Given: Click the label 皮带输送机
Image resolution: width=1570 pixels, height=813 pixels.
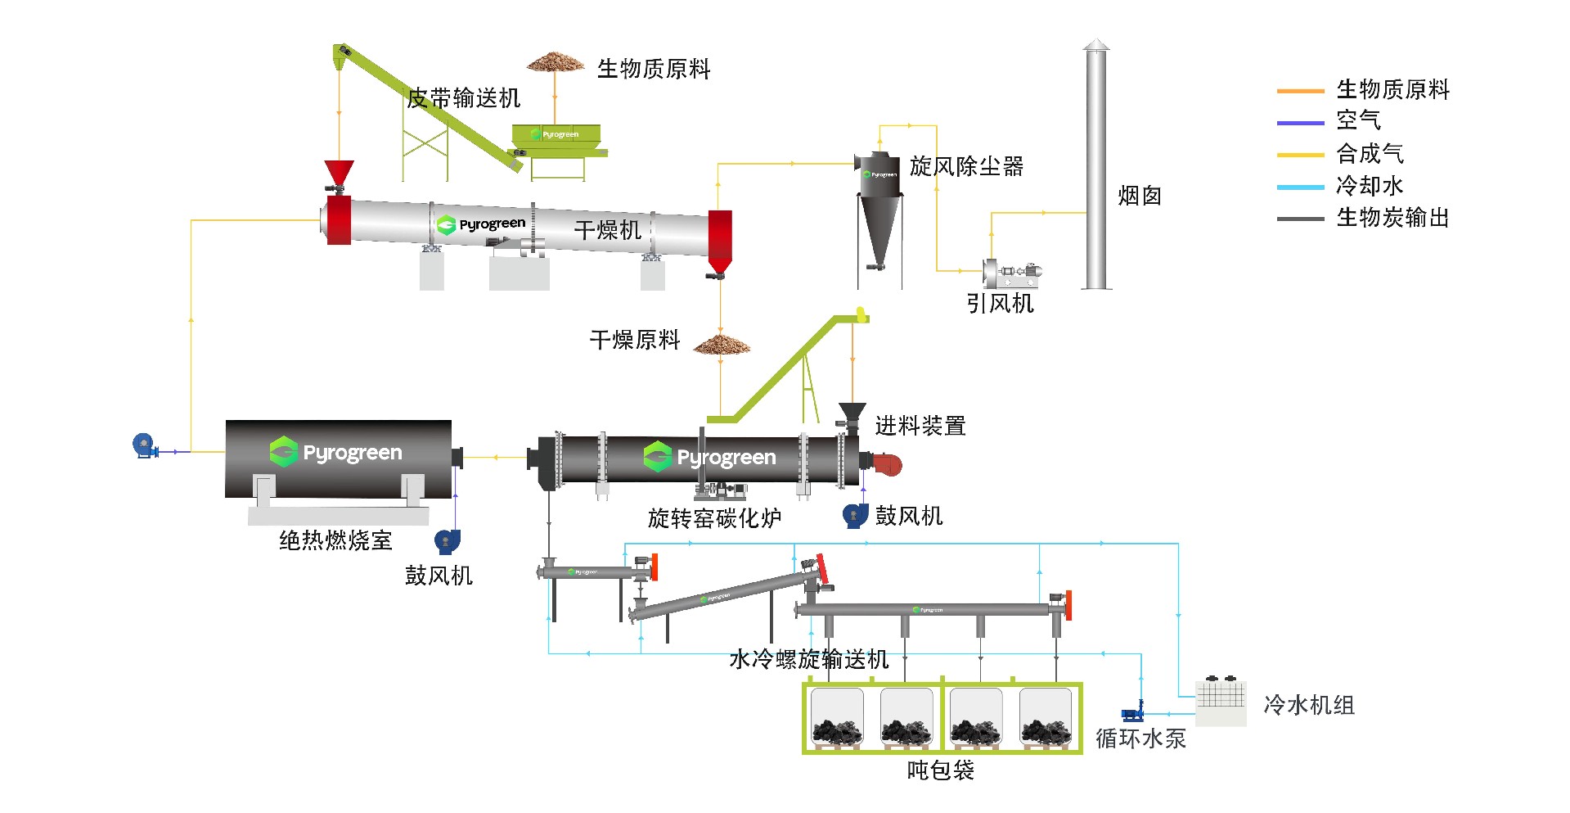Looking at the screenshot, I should [463, 98].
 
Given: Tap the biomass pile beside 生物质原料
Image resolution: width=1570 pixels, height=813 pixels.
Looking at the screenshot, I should [556, 62].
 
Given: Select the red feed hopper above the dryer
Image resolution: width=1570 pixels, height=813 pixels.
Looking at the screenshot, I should [339, 173].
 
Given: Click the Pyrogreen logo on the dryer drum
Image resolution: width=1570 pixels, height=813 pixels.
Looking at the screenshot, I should [481, 224].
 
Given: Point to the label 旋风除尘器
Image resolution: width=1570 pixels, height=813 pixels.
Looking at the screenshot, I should [966, 166].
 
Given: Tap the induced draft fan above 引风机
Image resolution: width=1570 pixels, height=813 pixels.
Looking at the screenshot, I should [1011, 273].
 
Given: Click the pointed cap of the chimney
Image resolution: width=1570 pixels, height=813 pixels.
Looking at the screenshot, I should [1096, 45].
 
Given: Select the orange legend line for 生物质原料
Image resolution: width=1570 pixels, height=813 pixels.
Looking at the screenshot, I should [1300, 91].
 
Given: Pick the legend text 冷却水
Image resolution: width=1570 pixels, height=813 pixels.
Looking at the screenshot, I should [1369, 186].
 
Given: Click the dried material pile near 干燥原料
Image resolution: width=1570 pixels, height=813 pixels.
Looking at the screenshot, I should [722, 346].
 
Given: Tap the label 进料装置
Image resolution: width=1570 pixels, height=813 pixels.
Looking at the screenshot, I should [920, 426].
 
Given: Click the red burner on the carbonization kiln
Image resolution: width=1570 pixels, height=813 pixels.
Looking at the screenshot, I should [887, 464].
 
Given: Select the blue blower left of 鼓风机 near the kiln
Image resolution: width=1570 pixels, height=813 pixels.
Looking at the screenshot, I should [855, 515].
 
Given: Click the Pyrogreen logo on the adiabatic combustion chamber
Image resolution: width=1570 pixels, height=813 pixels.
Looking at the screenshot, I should [336, 452].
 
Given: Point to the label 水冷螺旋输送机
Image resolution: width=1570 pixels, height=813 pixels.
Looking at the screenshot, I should [808, 659].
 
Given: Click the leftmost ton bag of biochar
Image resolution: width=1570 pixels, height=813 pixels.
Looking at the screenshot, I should [836, 719].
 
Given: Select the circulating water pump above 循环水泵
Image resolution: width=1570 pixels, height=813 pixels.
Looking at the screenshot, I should [1133, 711].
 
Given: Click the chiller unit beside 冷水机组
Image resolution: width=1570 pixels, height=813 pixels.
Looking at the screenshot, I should [1221, 702].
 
